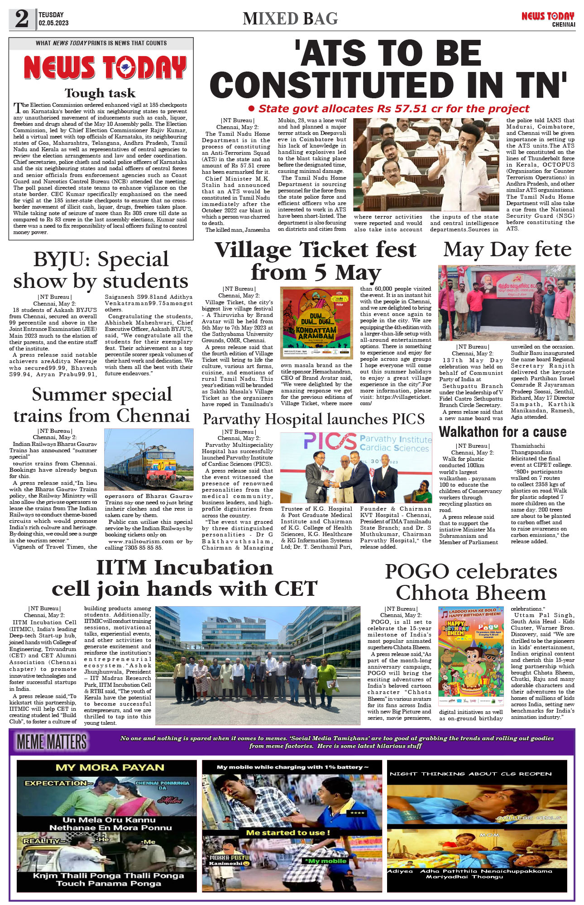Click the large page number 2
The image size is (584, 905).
click(x=22, y=19)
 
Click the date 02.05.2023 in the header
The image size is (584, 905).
click(x=53, y=23)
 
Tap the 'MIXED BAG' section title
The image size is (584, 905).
click(x=290, y=19)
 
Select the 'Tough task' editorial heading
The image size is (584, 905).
click(x=100, y=93)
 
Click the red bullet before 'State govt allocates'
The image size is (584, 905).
click(x=252, y=109)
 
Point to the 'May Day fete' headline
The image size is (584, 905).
click(x=507, y=249)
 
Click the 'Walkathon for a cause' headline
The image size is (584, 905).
click(x=503, y=432)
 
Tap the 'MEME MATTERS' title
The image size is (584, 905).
click(x=52, y=742)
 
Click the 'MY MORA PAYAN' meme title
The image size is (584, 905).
click(x=110, y=767)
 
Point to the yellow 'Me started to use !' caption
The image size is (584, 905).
click(x=288, y=833)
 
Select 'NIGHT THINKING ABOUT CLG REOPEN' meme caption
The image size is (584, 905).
click(x=470, y=774)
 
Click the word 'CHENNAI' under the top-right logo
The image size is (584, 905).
click(x=563, y=24)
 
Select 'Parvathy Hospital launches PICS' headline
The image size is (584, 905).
click(x=313, y=419)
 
